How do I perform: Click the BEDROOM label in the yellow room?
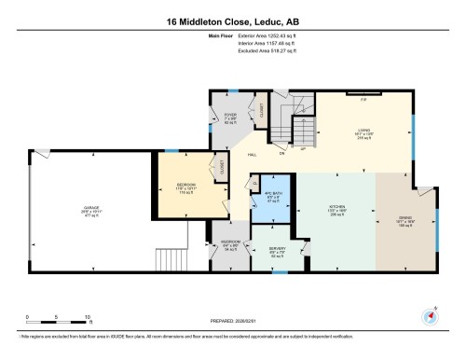coord(186,185)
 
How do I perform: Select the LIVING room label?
coord(366,131)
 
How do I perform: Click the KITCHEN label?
coord(336,207)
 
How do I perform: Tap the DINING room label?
coord(405,218)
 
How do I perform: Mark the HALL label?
coord(252,156)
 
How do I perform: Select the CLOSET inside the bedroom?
coord(222,168)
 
